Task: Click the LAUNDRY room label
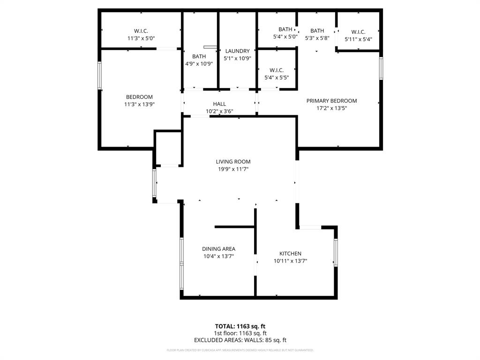coord(237,51)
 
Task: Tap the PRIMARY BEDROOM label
coord(331,101)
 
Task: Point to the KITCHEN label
coord(290,254)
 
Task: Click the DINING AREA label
coord(218,249)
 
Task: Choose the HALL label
coord(219,104)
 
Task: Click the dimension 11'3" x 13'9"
coord(139,105)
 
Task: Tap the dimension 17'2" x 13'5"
coord(331,108)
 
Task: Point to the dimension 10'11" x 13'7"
coord(291,261)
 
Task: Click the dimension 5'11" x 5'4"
coord(358,39)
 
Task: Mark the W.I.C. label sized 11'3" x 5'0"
coord(138,31)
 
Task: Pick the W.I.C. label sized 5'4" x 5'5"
coord(277,70)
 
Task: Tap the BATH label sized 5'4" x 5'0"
coord(285,29)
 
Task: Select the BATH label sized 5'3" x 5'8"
coord(317,31)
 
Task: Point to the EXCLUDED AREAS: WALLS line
coord(240,340)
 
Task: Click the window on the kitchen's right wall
coord(336,253)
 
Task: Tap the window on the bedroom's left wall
coord(99,75)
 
